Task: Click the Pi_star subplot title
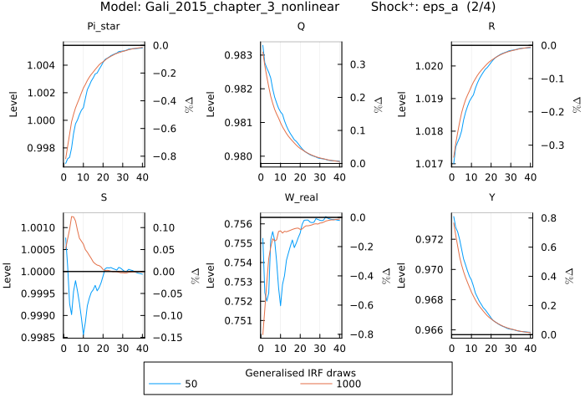(104, 27)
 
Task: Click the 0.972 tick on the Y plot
(435, 240)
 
